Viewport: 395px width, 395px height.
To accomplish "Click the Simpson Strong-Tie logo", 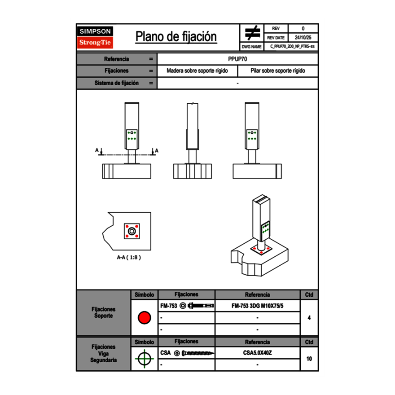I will (x=95, y=37).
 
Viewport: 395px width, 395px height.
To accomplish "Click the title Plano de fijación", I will (x=176, y=37).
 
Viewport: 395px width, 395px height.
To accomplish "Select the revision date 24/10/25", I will (x=303, y=38).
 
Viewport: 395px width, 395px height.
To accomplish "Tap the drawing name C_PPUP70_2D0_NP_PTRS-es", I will (x=293, y=46).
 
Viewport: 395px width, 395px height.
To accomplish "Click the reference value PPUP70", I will (x=237, y=59).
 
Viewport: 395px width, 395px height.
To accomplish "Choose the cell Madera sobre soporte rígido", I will (x=197, y=71).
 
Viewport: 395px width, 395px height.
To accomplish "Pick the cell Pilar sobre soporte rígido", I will (x=278, y=71).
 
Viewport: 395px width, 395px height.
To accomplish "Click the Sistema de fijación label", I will (x=116, y=83).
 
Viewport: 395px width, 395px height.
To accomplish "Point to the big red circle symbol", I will (x=144, y=318).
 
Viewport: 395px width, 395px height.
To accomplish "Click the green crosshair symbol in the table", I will (x=144, y=359).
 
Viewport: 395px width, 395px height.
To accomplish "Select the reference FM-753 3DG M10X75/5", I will (x=258, y=306).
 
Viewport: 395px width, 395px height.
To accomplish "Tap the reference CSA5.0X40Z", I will (x=257, y=353).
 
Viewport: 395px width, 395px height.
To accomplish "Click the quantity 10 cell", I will (x=309, y=359).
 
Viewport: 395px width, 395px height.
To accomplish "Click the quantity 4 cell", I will (x=309, y=318).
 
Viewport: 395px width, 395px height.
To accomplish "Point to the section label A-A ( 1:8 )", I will (x=129, y=258).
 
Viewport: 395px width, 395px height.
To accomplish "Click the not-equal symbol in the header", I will (x=252, y=34).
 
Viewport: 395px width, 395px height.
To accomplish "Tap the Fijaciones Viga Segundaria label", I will (x=103, y=353).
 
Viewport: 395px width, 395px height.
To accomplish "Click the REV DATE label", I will (x=276, y=38).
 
